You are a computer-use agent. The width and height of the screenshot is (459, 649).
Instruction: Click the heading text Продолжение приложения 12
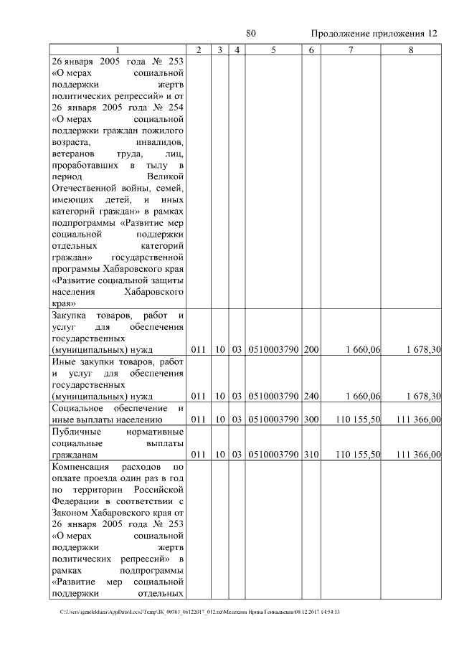tap(373, 34)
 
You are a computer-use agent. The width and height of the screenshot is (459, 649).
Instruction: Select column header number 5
tap(274, 49)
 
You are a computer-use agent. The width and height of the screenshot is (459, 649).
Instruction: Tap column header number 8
tap(410, 49)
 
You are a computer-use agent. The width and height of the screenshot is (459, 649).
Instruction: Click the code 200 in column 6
tap(311, 349)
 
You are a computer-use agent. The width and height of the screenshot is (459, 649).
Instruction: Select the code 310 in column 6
tap(311, 455)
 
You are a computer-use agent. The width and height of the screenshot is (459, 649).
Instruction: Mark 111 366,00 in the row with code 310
tap(417, 455)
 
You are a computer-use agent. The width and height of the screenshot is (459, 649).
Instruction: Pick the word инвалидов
tap(161, 142)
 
